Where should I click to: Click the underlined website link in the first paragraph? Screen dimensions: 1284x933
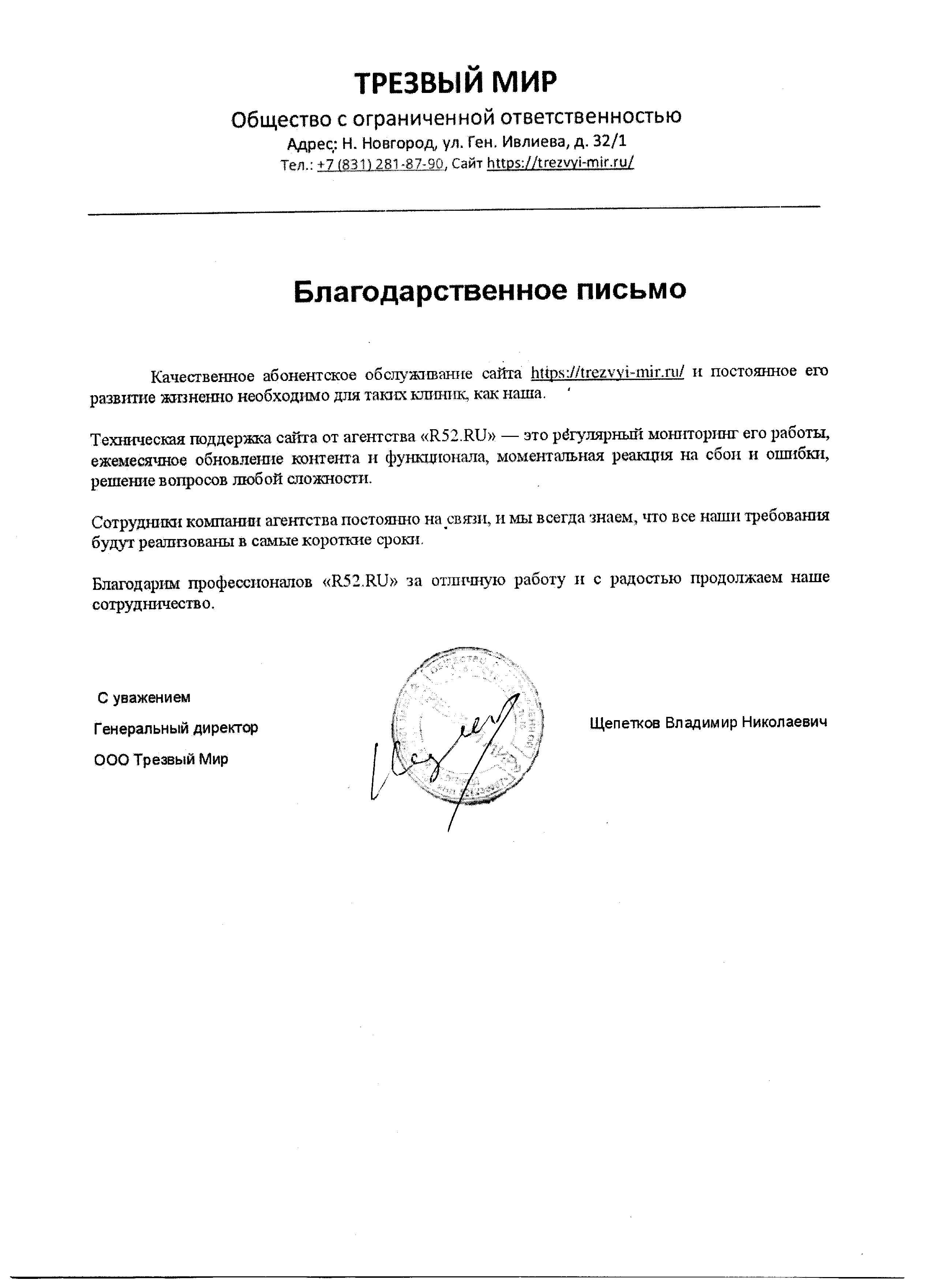pos(607,372)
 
